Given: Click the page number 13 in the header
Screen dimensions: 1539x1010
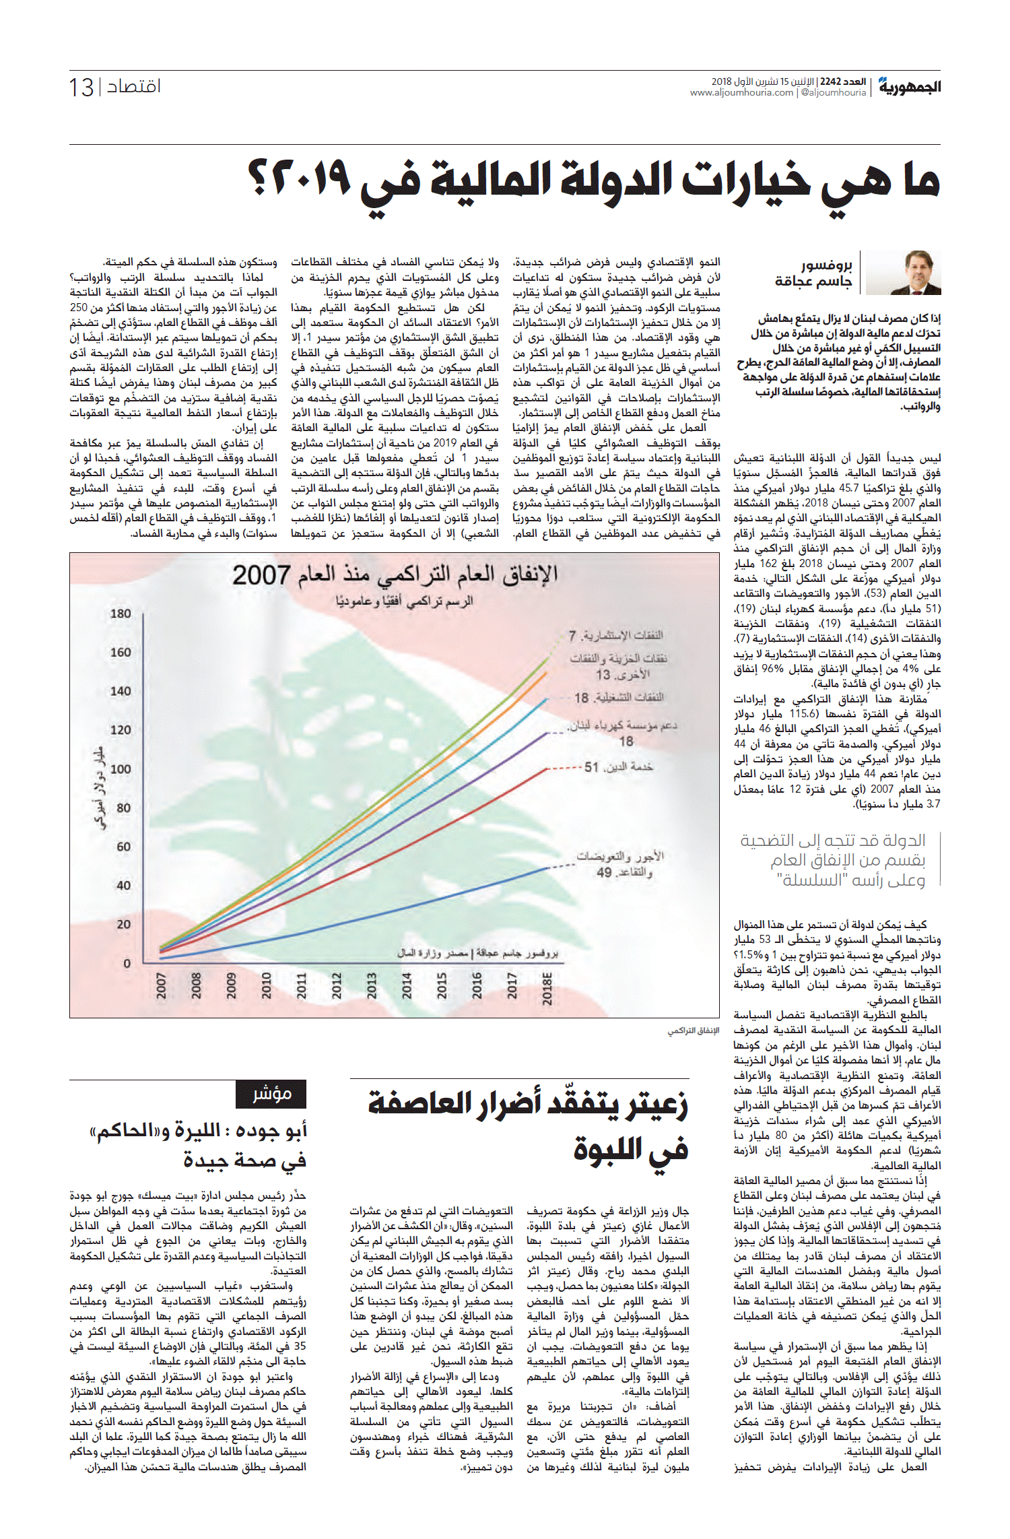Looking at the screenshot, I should point(81,88).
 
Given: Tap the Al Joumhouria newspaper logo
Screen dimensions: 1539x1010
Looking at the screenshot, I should point(909,87).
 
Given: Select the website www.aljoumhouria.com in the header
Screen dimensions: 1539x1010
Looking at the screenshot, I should point(741,93).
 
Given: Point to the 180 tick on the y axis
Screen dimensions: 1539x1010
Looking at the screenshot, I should point(121,614).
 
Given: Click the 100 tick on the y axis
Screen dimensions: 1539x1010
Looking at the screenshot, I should point(121,769).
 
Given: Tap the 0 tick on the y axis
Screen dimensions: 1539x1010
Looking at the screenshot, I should point(127,964).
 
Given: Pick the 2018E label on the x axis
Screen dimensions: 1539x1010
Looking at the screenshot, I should point(547,988).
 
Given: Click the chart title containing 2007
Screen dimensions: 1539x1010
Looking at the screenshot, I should point(395,575).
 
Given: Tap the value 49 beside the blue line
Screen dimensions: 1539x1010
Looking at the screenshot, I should point(604,872).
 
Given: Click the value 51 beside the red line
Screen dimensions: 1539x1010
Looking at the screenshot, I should point(591,767).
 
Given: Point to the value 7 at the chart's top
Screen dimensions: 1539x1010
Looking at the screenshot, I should point(572,636).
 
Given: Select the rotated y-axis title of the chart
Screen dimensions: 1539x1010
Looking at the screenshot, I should point(100,787).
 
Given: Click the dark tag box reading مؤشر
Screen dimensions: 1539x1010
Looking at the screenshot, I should point(271,1094).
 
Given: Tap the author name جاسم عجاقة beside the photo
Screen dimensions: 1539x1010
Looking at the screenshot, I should point(813,281).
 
